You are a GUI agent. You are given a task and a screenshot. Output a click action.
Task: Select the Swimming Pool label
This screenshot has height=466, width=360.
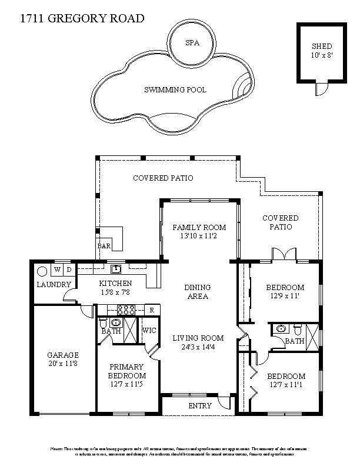175,90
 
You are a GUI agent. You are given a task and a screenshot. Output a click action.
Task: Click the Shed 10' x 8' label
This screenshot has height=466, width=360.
322,51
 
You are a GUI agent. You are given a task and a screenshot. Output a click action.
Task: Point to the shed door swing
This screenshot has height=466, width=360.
321,88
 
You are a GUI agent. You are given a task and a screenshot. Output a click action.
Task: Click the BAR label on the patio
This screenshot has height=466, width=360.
104,247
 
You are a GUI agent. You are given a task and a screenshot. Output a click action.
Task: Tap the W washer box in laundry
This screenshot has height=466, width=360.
58,269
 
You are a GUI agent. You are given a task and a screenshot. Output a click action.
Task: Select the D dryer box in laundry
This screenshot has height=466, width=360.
68,269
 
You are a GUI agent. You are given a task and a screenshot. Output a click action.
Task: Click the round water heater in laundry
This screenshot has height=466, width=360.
42,272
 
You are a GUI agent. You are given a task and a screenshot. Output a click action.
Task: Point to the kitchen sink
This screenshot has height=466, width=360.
116,269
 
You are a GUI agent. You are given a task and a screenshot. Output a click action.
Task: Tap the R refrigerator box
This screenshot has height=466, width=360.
151,309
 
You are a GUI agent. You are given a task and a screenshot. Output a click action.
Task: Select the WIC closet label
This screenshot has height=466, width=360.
149,331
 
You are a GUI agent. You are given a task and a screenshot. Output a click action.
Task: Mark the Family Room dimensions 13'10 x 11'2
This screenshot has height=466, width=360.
199,237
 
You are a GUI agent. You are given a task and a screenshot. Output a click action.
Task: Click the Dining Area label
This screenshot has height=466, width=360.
198,292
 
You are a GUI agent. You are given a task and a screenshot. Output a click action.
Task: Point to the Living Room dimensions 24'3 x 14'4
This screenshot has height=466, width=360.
198,348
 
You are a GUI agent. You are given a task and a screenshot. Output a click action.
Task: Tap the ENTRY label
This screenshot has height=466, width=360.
199,406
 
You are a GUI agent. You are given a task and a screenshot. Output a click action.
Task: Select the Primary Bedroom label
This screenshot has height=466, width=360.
126,371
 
